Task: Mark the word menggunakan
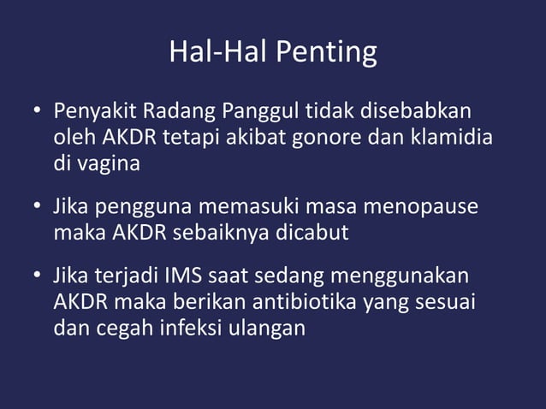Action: pyautogui.click(x=410, y=278)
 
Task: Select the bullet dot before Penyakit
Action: pyautogui.click(x=38, y=113)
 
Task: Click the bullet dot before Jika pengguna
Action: pyautogui.click(x=38, y=209)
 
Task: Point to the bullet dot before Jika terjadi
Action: pyautogui.click(x=38, y=279)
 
